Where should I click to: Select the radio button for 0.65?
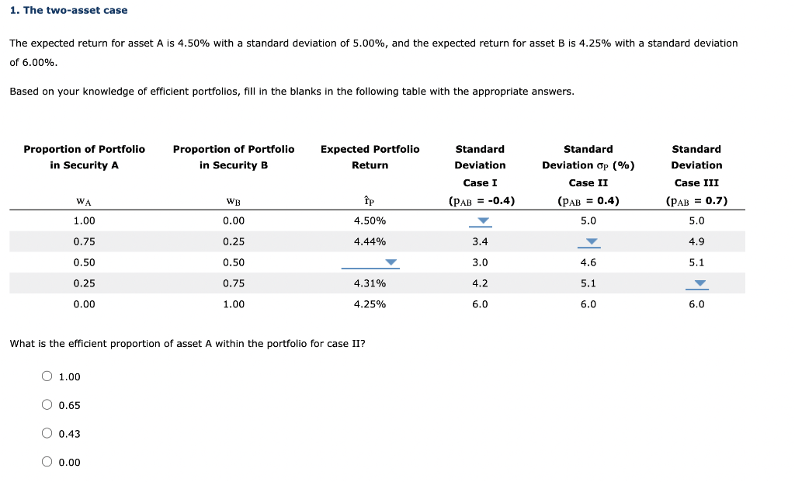48,405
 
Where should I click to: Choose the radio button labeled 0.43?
48,434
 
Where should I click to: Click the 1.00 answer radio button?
48,377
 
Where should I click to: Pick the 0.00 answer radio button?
48,463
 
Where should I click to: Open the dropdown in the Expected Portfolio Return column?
391,262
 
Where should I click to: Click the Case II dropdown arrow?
592,242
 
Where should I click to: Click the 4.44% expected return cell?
370,241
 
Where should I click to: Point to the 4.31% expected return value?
370,283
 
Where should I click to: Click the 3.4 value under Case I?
480,241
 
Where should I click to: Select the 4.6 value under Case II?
588,262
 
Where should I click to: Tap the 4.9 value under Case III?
696,241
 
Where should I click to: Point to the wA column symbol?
84,202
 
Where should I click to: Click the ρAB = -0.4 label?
481,201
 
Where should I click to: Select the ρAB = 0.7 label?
696,201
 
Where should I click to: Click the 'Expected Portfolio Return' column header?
370,157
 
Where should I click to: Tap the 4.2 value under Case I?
480,283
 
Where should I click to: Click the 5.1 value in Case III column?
696,262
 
